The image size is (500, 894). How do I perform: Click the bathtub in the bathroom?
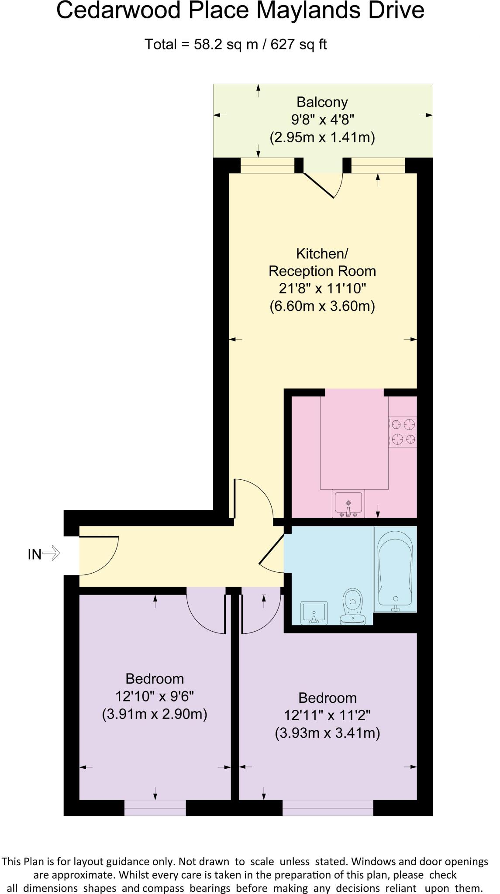coord(395,569)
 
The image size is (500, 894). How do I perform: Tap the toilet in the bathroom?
coord(353,606)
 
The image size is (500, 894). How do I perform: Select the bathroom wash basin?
coord(314,612)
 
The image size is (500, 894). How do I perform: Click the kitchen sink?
coord(348,503)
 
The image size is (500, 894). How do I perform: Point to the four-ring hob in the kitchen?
coord(403,432)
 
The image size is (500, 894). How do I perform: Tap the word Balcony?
coord(322,102)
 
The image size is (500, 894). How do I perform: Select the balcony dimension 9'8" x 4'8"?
coord(322,120)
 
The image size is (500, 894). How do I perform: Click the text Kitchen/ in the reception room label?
coord(322,253)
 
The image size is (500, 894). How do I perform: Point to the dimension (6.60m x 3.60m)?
coord(322,306)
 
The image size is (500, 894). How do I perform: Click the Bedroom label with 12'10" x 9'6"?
coord(155,678)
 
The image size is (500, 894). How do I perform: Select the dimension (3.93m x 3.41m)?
coord(327,732)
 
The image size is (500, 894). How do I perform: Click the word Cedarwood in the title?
coord(119,10)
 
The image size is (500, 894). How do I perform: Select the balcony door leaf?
coord(319,186)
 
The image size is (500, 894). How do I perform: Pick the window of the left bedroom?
coord(155,808)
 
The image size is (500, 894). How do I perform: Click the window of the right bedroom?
coord(328,808)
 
